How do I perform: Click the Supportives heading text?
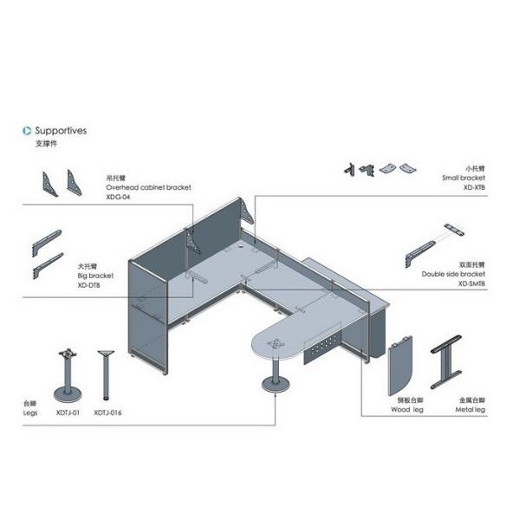pyautogui.click(x=61, y=131)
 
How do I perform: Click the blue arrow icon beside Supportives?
pyautogui.click(x=27, y=131)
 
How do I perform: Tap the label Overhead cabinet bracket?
pyautogui.click(x=148, y=187)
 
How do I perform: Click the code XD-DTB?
pyautogui.click(x=90, y=284)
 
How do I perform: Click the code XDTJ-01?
pyautogui.click(x=68, y=413)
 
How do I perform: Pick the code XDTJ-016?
pyautogui.click(x=107, y=413)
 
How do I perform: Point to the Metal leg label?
pyautogui.click(x=471, y=412)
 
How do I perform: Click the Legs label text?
pyautogui.click(x=29, y=413)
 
